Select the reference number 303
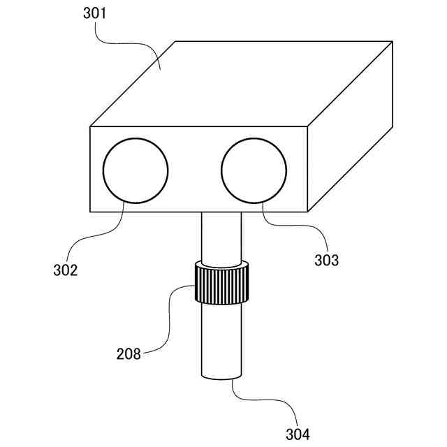(x=325, y=261)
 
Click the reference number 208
(x=129, y=353)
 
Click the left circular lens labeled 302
(x=135, y=170)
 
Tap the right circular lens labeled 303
(x=254, y=170)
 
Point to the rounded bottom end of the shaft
(x=221, y=377)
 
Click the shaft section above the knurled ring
(x=221, y=237)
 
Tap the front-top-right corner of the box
(x=309, y=126)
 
